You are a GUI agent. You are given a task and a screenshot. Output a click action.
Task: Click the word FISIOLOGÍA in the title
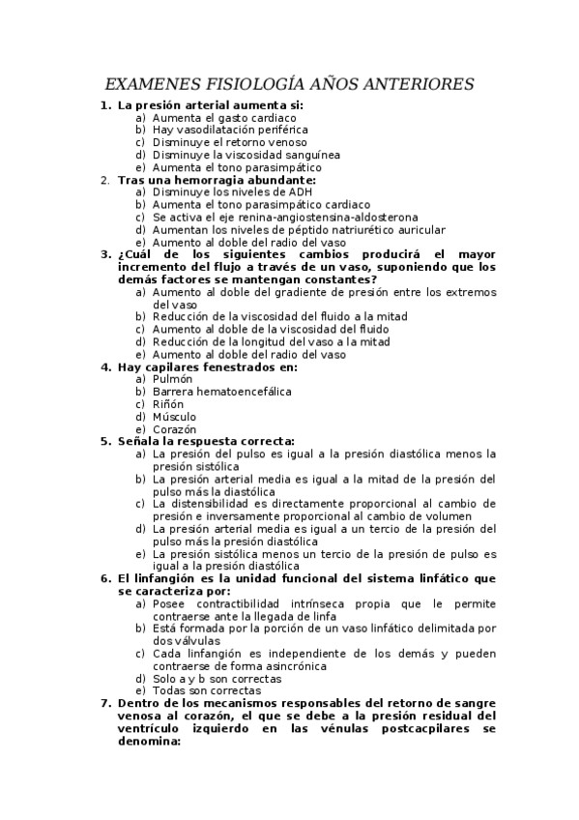point(255,85)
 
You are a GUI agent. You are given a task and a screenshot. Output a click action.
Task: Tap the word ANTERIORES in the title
point(414,85)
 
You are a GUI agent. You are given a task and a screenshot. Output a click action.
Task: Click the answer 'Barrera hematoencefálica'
point(221,393)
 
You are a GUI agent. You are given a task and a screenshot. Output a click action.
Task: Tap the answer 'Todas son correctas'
point(206,691)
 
